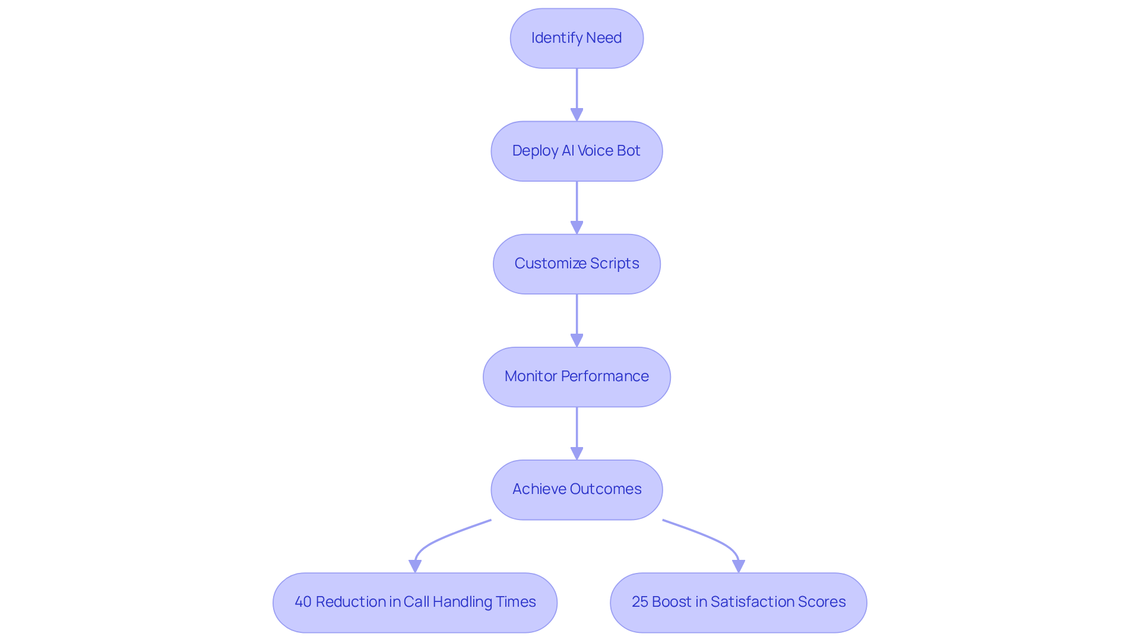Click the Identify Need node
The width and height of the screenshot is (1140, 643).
click(x=577, y=38)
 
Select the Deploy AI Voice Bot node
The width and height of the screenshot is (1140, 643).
click(x=577, y=151)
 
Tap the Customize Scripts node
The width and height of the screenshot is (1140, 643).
click(x=577, y=264)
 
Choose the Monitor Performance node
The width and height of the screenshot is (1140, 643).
click(x=577, y=376)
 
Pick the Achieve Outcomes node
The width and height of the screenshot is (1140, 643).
click(x=577, y=489)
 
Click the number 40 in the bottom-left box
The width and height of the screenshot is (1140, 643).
click(x=303, y=602)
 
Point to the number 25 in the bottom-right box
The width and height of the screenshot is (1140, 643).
click(x=639, y=602)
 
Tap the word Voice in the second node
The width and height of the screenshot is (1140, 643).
click(x=596, y=151)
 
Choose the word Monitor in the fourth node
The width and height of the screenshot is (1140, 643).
click(x=530, y=376)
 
